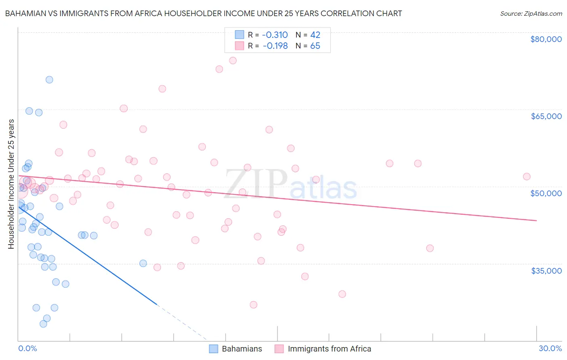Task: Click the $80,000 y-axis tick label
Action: [x=546, y=39]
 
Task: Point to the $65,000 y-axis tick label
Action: [x=546, y=116]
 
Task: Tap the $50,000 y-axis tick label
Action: [x=546, y=193]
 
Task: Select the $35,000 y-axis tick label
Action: [x=546, y=271]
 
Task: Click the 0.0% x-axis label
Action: [x=27, y=349]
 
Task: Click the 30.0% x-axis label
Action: [x=550, y=349]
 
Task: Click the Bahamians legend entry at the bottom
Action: [x=236, y=349]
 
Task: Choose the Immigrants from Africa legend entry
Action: [x=323, y=349]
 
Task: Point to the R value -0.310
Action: [x=275, y=35]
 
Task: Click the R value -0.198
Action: [x=275, y=46]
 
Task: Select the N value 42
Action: [x=315, y=35]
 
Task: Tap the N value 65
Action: [x=315, y=46]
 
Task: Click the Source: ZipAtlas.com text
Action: [x=531, y=14]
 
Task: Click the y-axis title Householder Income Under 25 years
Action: [x=11, y=184]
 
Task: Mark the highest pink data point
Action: [x=233, y=61]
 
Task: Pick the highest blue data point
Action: [x=49, y=80]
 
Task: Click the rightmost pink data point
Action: [x=527, y=176]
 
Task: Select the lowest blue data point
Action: [x=43, y=324]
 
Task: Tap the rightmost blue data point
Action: [x=143, y=263]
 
